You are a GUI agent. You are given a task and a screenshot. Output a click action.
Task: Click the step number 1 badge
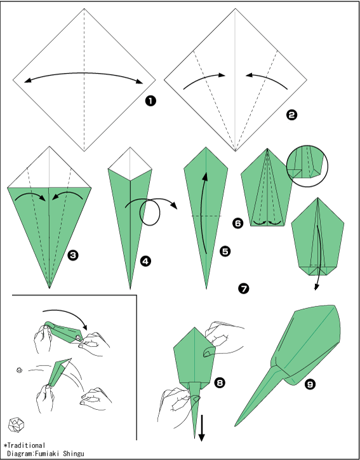150,101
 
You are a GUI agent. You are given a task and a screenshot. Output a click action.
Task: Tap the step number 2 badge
291,115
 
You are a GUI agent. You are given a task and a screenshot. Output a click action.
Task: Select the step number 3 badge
73,255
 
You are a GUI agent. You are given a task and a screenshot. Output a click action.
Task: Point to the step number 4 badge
145,261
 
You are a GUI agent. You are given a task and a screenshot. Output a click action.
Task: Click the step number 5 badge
225,252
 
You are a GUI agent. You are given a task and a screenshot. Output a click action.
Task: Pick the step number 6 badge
237,224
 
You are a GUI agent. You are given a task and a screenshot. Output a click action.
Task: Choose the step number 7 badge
244,288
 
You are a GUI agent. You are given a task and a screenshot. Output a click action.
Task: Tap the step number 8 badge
220,382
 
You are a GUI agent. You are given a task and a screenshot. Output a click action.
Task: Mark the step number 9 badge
310,384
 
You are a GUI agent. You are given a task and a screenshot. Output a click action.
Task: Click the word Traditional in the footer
26,446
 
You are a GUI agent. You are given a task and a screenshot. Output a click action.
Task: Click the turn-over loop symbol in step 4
150,212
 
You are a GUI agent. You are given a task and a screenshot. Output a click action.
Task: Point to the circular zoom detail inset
307,166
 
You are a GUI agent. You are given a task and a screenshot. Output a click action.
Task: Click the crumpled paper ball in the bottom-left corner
16,424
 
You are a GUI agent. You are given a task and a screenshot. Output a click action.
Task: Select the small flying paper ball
19,370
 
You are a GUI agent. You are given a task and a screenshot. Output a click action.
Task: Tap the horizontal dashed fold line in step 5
206,216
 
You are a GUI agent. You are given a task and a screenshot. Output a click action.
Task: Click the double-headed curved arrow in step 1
84,73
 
